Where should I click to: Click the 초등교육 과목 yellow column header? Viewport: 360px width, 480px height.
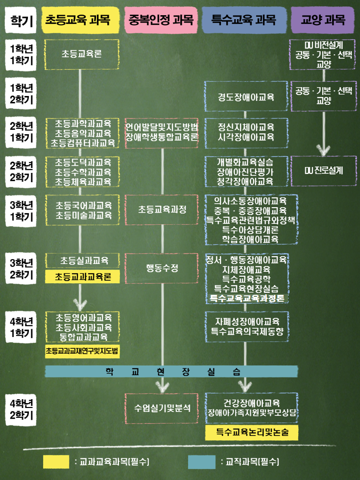click(82, 20)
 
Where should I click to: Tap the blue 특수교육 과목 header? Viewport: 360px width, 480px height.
click(243, 20)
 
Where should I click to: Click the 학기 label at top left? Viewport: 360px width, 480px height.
click(21, 21)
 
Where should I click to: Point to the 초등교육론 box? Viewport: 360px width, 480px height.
click(82, 54)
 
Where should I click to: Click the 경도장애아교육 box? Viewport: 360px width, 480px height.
click(246, 96)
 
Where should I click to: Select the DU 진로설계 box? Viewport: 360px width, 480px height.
click(323, 171)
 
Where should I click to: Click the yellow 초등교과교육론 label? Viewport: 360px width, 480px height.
click(83, 277)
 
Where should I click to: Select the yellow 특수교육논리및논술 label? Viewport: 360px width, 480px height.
click(252, 432)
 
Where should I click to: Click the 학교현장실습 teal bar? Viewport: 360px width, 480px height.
click(172, 371)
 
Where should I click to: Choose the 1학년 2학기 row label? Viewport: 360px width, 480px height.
click(22, 94)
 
